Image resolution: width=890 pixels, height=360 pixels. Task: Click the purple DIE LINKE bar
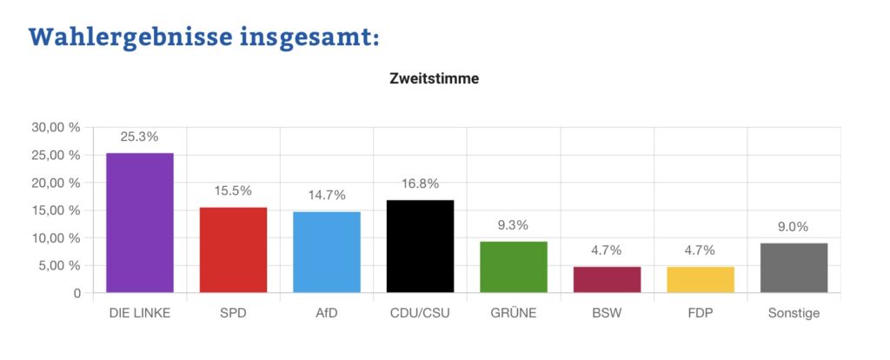(140, 223)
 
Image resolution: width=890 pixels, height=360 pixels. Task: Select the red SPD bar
(233, 250)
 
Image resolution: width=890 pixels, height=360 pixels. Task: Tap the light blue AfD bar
(327, 252)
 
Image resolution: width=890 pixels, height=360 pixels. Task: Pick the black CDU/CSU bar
(420, 247)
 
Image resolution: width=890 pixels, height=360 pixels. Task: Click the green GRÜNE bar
(514, 267)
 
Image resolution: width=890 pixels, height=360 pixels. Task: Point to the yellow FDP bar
(700, 280)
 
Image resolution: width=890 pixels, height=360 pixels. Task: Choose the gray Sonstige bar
(794, 268)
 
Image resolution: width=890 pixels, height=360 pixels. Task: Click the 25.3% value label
(140, 137)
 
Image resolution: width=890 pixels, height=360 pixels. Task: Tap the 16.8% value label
(420, 183)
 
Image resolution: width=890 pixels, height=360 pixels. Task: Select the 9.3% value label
(514, 225)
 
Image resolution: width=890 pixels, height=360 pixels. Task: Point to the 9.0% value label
(794, 227)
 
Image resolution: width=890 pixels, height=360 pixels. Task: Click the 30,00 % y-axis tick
(56, 127)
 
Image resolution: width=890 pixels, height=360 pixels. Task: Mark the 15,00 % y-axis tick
(56, 210)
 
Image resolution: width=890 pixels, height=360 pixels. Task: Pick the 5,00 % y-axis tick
(60, 265)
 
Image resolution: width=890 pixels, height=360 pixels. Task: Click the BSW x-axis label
(607, 313)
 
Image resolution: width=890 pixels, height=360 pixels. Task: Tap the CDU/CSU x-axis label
(420, 313)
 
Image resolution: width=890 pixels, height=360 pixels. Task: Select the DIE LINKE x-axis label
(140, 313)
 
